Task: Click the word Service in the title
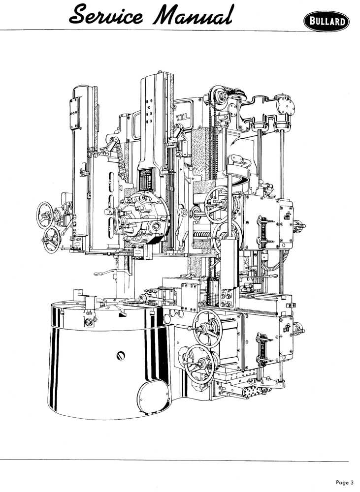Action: point(106,15)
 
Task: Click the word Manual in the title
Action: point(192,15)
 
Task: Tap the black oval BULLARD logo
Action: point(327,21)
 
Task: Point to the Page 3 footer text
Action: point(345,482)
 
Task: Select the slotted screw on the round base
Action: point(121,356)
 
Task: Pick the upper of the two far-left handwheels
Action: point(45,215)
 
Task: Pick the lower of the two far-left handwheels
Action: point(51,240)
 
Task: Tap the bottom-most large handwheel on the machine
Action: point(198,364)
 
